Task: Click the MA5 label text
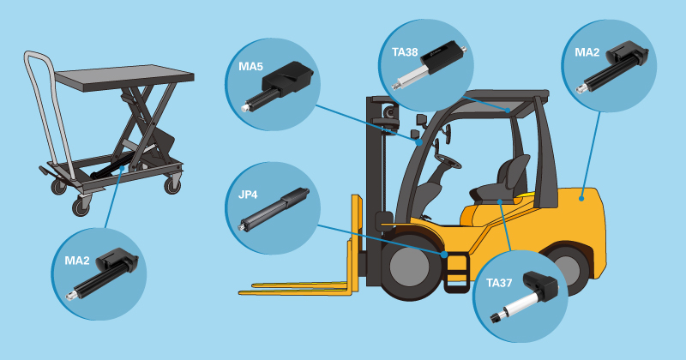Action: [250, 67]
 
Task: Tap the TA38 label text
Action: [405, 52]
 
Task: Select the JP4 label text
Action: [248, 195]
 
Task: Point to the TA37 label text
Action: [499, 283]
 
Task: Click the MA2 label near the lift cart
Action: [77, 261]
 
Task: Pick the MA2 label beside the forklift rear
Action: [587, 52]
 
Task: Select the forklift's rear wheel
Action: [566, 266]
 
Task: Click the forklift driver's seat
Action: [503, 180]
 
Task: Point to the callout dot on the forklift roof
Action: [508, 111]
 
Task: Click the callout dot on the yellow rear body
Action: [581, 199]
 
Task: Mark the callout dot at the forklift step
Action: [444, 255]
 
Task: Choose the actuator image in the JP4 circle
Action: [274, 209]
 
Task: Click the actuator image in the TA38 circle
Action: [431, 65]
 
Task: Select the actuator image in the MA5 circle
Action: [277, 87]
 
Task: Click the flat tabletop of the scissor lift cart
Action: [124, 78]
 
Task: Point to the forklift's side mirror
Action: [422, 120]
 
